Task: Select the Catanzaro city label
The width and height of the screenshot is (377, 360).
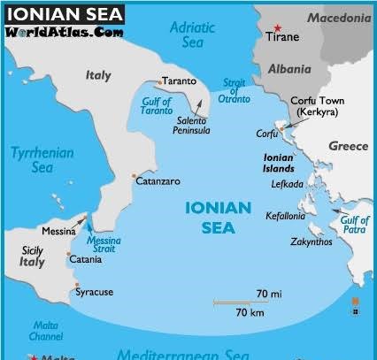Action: [x=159, y=181]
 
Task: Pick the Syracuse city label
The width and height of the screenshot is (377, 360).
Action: [x=94, y=291]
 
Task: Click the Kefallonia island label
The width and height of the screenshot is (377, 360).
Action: [x=287, y=215]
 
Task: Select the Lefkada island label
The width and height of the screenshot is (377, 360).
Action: [x=287, y=184]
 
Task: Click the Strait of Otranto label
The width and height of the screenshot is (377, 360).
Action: [x=234, y=91]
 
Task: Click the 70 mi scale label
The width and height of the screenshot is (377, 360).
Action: [x=268, y=293]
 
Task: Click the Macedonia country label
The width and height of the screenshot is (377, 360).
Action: [x=340, y=19]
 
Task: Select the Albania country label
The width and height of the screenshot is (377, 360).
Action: [x=289, y=69]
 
